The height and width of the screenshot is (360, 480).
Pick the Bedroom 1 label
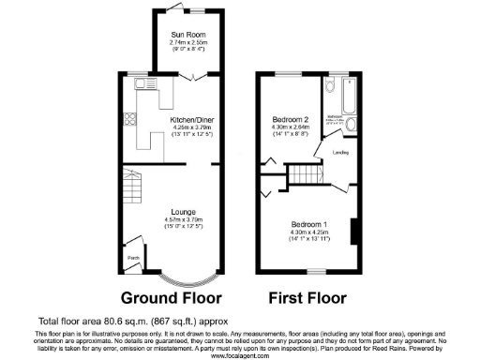click(308, 226)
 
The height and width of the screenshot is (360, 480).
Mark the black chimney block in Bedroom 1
click(354, 231)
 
